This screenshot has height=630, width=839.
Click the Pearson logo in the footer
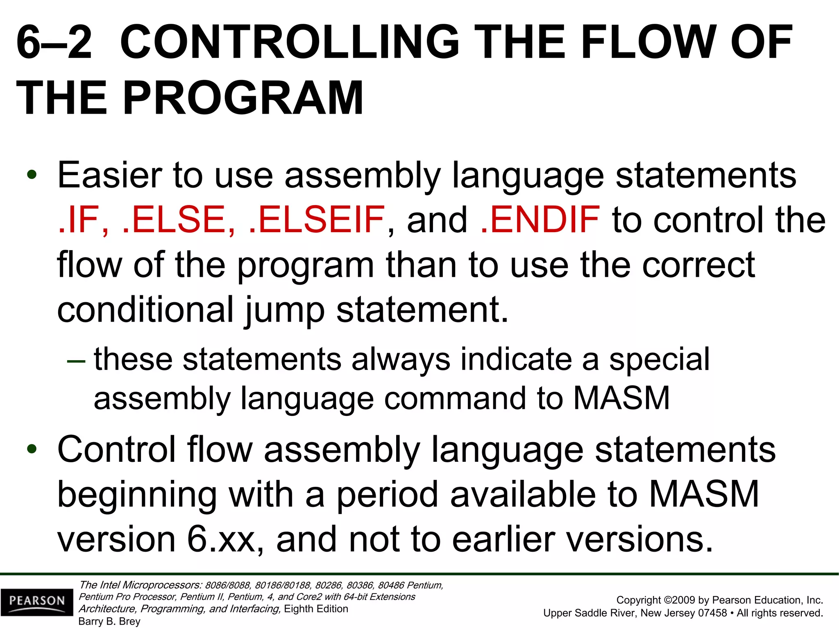37,602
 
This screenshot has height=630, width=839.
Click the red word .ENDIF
540,220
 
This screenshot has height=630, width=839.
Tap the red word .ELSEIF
317,220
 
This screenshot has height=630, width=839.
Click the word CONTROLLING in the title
289,42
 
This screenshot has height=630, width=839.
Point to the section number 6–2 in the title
54,42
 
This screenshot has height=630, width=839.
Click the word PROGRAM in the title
243,98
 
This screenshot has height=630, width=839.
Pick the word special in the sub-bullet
659,360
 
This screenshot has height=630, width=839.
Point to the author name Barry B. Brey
109,621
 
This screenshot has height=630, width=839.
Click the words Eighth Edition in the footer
316,609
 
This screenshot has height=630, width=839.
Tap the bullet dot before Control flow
32,450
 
